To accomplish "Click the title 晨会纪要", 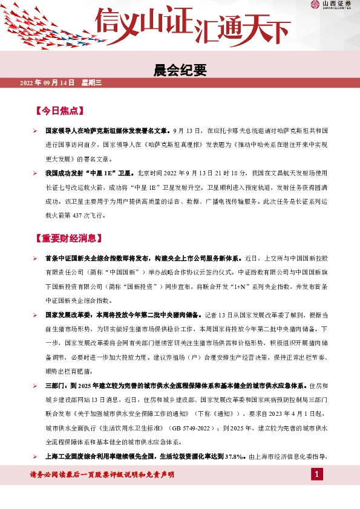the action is click(180, 71).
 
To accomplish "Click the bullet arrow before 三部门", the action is click(35, 385).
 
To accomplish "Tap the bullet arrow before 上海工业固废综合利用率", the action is click(35, 456).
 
